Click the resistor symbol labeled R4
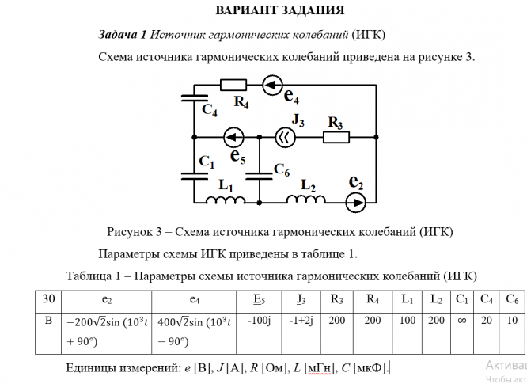click(233, 85)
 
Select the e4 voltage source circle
click(272, 85)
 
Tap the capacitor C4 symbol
click(195, 98)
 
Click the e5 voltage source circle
click(233, 137)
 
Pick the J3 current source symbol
click(286, 137)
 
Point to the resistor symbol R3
click(336, 137)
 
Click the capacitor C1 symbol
click(195, 177)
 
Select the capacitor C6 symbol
click(259, 177)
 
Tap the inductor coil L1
click(226, 200)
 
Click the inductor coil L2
click(306, 200)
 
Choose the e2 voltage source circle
click(355, 203)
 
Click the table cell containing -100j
click(259, 333)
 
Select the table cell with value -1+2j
click(301, 333)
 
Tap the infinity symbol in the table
click(462, 321)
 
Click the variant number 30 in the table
click(48, 298)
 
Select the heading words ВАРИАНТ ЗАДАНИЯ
click(280, 10)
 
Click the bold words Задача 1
click(123, 34)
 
